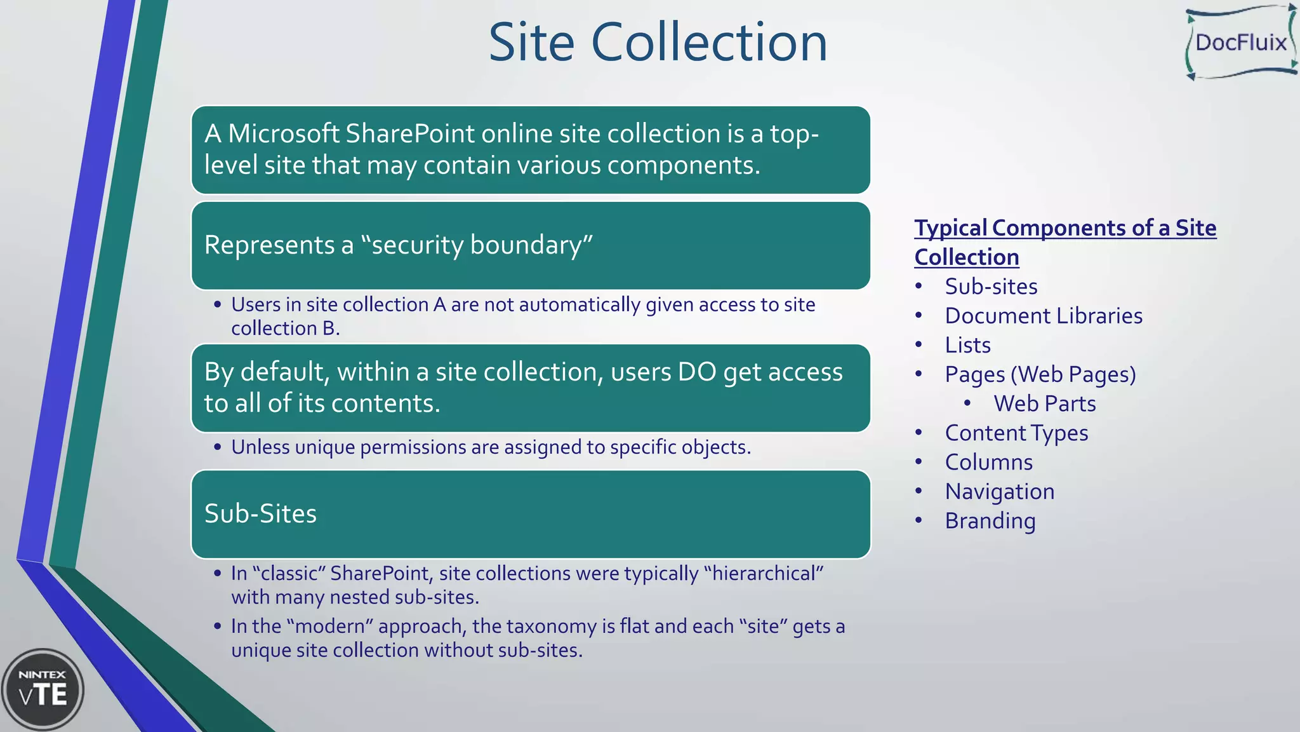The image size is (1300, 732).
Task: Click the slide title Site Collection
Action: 658,43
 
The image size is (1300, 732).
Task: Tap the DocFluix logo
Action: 1240,43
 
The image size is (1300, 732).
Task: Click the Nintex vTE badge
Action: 43,689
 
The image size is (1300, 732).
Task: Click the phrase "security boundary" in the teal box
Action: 477,245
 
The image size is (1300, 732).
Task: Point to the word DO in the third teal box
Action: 696,372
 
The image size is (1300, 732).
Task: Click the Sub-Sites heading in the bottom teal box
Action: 260,513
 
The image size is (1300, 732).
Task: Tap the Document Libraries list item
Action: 1043,316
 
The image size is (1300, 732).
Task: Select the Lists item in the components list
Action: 967,345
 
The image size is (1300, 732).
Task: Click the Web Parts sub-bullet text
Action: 1044,403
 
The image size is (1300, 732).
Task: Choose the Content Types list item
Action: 1016,433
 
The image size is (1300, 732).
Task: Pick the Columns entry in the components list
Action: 988,462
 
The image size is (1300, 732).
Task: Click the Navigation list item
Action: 999,491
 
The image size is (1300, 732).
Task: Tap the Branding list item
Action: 990,520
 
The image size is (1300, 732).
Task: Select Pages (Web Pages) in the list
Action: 1040,374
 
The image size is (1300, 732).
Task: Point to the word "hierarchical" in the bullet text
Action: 764,573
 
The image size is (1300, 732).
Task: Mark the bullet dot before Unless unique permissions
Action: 218,447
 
